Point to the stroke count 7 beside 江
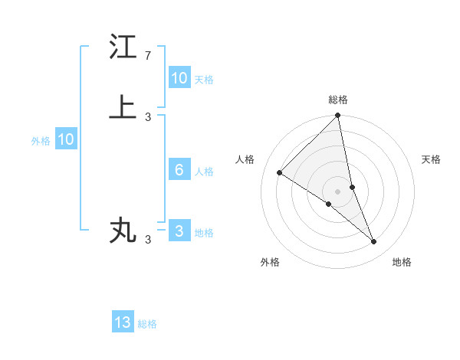pyautogui.click(x=148, y=56)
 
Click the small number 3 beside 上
pyautogui.click(x=148, y=116)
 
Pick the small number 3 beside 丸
pyautogui.click(x=148, y=240)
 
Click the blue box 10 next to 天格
pyautogui.click(x=179, y=78)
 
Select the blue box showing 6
pyautogui.click(x=179, y=170)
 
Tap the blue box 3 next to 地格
pyautogui.click(x=179, y=231)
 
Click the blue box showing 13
pyautogui.click(x=123, y=322)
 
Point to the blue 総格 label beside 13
pyautogui.click(x=147, y=324)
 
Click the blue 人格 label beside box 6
pyautogui.click(x=204, y=172)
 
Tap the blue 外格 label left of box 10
pyautogui.click(x=41, y=141)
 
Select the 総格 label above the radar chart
pyautogui.click(x=338, y=100)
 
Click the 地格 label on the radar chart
pyautogui.click(x=402, y=263)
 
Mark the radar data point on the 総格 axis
pyautogui.click(x=338, y=116)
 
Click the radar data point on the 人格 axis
pyautogui.click(x=280, y=173)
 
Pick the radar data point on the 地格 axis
pyautogui.click(x=374, y=242)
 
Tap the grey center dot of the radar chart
pyautogui.click(x=338, y=191)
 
